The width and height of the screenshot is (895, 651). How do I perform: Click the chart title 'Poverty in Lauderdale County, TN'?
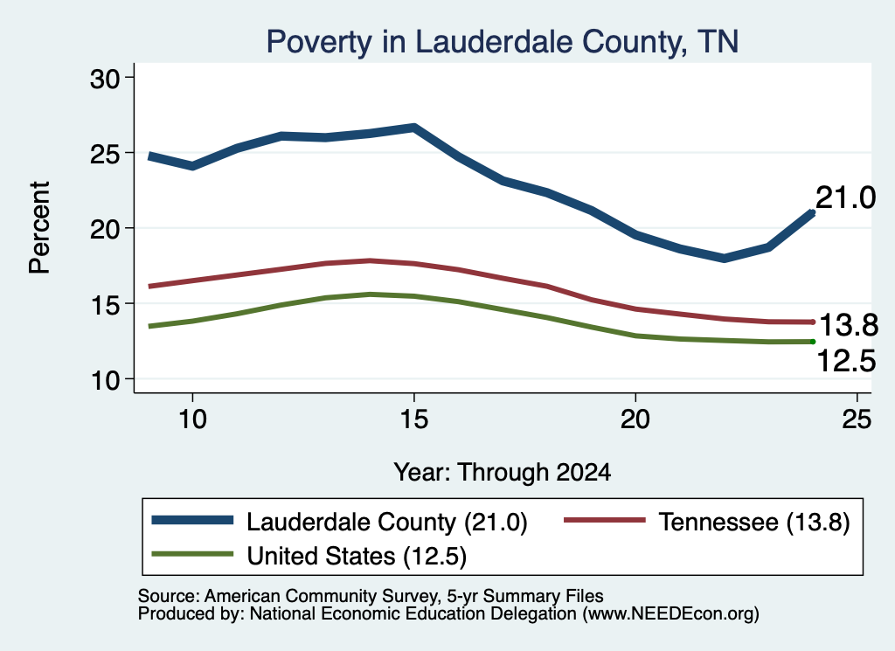click(x=503, y=42)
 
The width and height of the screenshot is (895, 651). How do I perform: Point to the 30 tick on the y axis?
click(x=105, y=79)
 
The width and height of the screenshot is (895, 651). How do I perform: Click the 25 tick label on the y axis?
click(x=105, y=154)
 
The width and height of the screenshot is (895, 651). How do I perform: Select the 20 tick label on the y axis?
click(x=105, y=229)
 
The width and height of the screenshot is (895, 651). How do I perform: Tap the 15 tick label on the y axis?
click(x=105, y=305)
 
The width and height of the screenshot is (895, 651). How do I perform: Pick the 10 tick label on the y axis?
click(x=105, y=381)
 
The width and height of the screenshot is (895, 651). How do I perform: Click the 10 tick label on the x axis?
click(x=192, y=419)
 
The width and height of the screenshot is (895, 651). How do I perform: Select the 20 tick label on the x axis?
click(x=635, y=419)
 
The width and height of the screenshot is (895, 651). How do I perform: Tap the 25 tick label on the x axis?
click(x=857, y=419)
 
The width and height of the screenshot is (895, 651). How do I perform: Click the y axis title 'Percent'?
click(x=39, y=228)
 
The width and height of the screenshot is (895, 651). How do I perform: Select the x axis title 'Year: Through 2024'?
click(x=503, y=473)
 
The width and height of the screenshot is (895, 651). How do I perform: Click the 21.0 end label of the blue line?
click(x=845, y=198)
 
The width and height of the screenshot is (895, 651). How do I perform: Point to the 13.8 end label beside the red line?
click(x=849, y=325)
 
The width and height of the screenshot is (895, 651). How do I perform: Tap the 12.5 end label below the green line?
click(x=846, y=361)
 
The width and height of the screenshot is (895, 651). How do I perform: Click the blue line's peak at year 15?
click(x=414, y=128)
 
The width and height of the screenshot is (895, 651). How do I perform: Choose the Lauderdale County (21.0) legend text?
click(x=387, y=522)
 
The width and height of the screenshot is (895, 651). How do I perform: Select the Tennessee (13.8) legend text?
click(x=754, y=522)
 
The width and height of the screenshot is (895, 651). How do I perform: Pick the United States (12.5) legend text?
click(x=357, y=557)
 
